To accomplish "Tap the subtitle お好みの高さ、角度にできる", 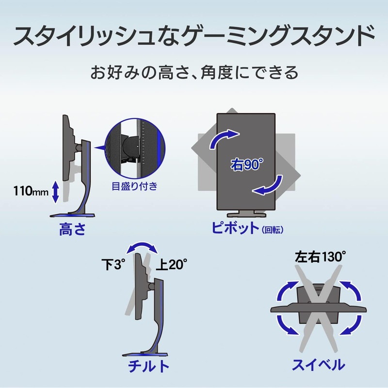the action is pos(194,72).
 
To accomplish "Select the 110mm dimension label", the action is pos(31,191).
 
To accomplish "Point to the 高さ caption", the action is pos(72,229).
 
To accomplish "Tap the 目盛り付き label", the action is pos(135,186).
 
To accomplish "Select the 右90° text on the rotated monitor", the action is pos(247,164).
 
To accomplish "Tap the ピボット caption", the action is pos(235,227).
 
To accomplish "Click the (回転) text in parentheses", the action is pos(273,230).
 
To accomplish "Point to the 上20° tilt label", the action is pos(172,264).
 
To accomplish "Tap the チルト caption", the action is pos(149,366).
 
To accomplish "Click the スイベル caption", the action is pos(319,365).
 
